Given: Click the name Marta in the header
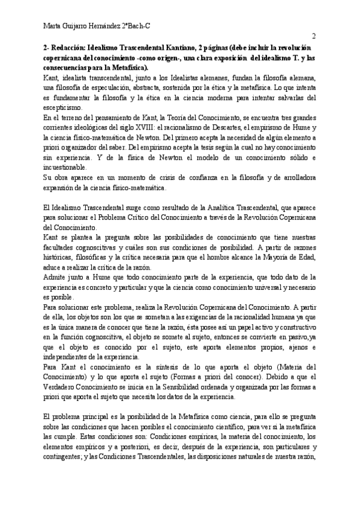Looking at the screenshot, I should [55, 25].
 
